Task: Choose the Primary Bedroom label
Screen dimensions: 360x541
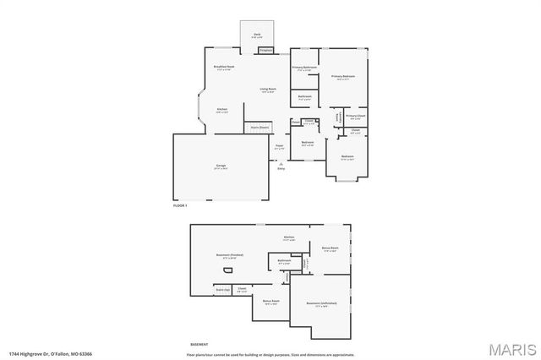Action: point(342,78)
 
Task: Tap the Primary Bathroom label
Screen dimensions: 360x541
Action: point(303,68)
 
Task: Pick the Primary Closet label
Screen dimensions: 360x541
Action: point(356,117)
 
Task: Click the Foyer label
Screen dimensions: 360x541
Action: point(279,147)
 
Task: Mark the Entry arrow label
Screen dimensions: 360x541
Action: point(281,168)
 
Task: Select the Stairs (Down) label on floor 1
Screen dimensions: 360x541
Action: point(260,127)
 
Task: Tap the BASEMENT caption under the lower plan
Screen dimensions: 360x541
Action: point(199,345)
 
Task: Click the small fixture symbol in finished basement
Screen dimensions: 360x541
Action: point(227,271)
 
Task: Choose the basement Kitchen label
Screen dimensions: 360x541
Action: point(288,238)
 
